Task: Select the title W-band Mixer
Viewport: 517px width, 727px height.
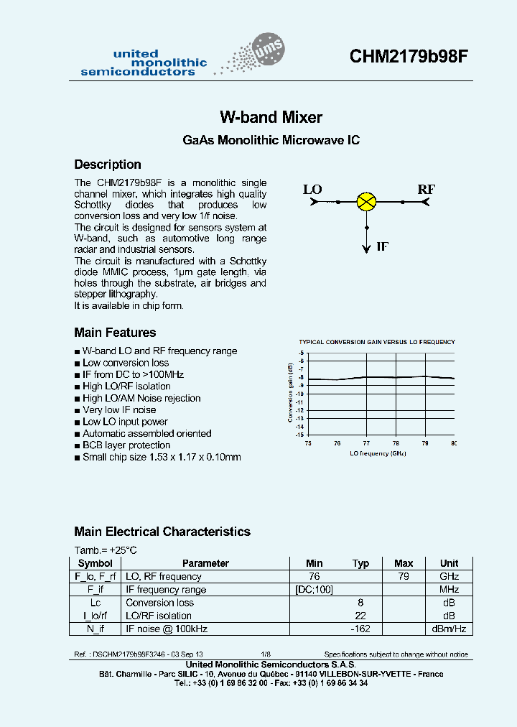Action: point(271,117)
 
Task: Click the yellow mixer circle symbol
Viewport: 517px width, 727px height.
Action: point(367,202)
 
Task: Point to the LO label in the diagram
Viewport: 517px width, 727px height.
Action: point(312,190)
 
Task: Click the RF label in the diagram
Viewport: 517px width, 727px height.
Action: point(427,190)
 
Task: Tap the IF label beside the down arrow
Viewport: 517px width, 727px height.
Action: point(383,246)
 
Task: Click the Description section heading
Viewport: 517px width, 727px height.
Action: point(108,165)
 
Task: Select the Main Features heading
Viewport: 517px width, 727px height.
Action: point(115,333)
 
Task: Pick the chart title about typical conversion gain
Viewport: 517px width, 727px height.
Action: point(376,342)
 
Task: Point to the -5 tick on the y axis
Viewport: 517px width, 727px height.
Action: point(302,353)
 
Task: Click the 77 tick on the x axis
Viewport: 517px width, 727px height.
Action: point(366,443)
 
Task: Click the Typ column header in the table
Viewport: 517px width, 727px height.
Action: point(360,563)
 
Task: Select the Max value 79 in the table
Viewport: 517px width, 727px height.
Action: point(404,576)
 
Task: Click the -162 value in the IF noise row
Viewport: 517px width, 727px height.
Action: point(360,629)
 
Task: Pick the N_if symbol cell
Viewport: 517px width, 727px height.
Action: point(96,629)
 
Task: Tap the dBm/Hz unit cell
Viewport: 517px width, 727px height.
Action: point(449,629)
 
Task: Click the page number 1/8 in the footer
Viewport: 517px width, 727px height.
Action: point(266,654)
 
